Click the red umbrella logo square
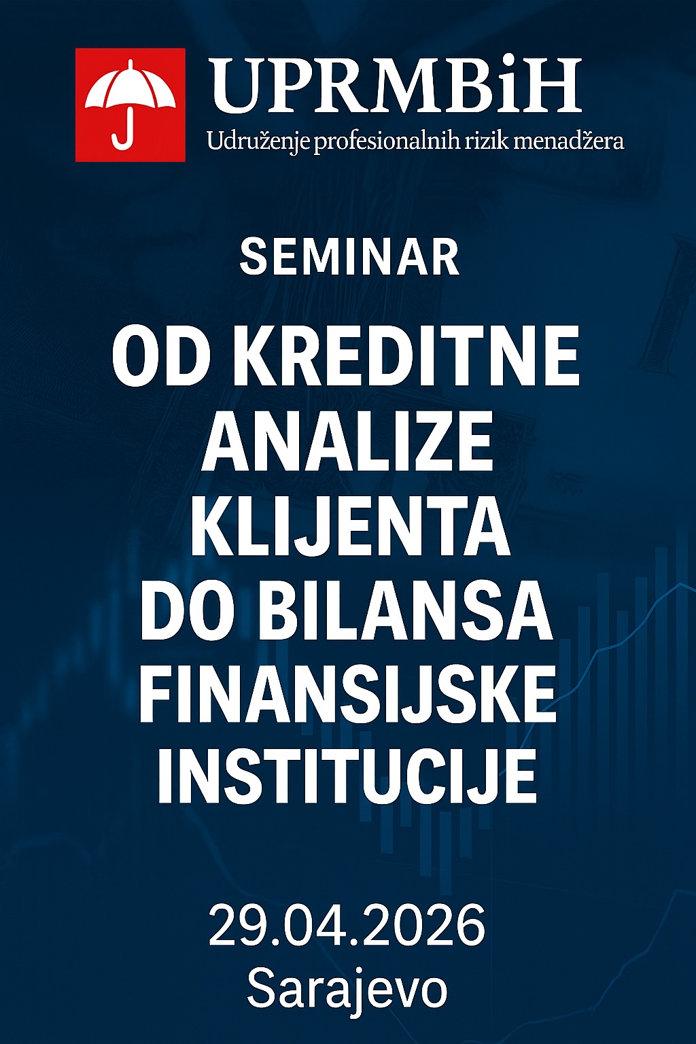click(x=130, y=105)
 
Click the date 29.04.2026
click(x=347, y=924)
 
